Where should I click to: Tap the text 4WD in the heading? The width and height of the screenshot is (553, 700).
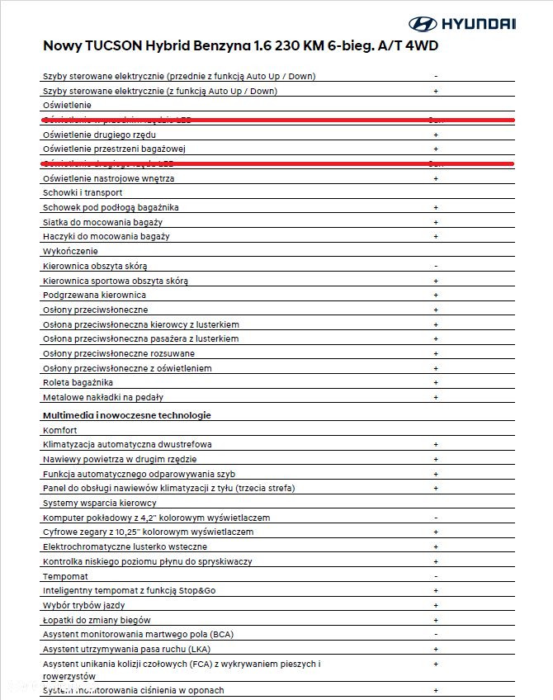(418, 46)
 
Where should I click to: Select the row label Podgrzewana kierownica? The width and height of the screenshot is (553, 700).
(94, 295)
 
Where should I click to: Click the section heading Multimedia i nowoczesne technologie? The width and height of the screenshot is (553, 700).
(126, 415)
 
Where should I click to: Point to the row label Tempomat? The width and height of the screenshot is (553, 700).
(65, 576)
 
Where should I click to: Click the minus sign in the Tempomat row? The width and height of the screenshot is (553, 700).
(435, 576)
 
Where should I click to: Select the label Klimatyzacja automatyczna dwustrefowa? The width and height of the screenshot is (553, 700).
(127, 444)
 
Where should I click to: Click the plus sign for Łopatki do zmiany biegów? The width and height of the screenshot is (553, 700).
(435, 620)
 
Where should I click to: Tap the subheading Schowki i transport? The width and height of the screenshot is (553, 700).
(83, 192)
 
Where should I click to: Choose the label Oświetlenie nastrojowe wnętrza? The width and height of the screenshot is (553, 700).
(108, 178)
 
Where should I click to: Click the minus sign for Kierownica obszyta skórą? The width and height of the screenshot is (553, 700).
(435, 266)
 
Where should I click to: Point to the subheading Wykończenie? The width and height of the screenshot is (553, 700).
(70, 251)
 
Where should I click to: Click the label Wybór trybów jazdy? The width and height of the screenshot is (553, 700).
(83, 605)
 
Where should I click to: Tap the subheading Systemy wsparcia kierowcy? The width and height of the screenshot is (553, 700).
(99, 503)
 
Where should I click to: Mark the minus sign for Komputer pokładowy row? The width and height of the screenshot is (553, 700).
(435, 518)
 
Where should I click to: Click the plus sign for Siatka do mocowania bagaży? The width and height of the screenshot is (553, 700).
(435, 222)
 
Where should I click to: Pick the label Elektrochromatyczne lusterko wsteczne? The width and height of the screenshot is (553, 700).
(125, 546)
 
